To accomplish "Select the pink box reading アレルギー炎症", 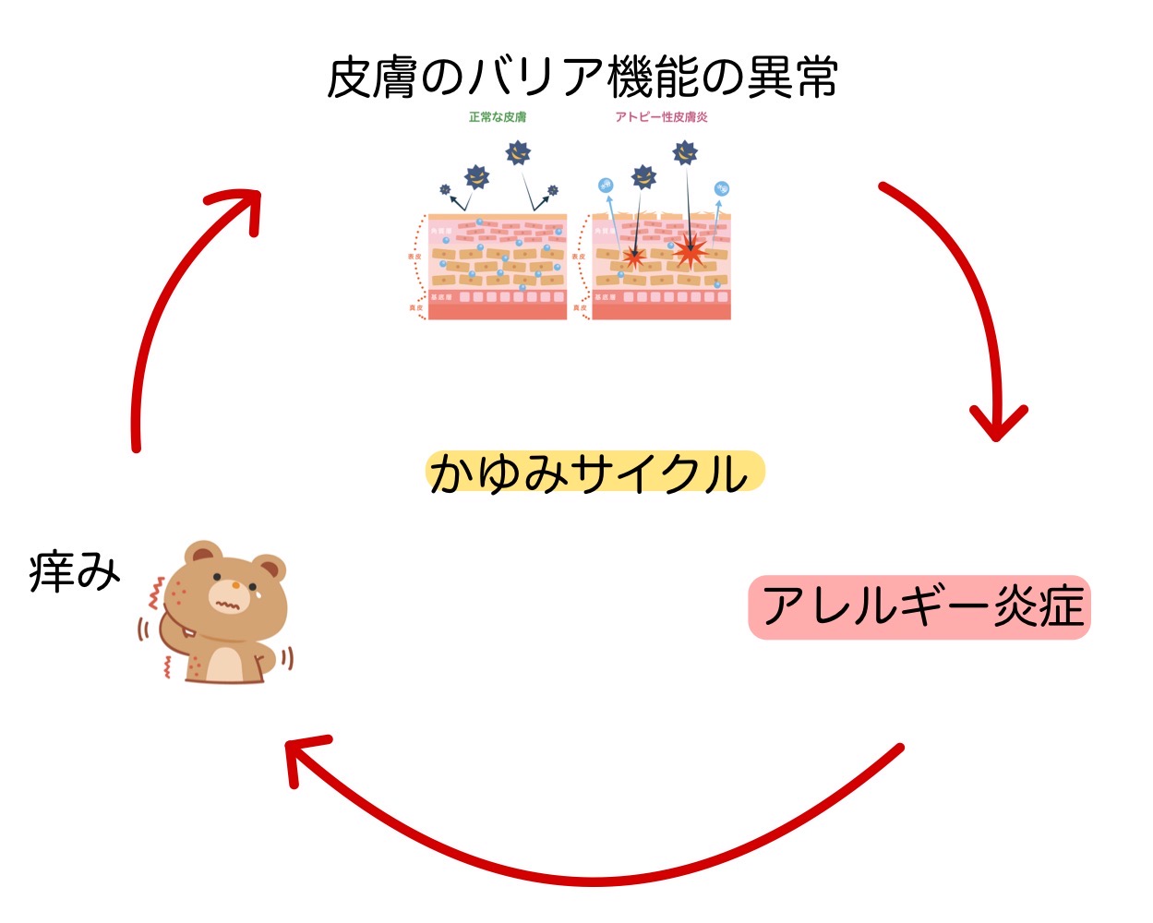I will [x=919, y=607].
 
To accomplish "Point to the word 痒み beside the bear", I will [x=75, y=571].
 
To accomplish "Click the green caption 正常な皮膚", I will [x=497, y=117].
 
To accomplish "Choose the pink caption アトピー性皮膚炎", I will [x=661, y=117].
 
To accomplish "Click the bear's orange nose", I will [x=236, y=585].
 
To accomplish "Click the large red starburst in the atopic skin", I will [x=689, y=250].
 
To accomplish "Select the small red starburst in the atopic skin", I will [x=633, y=257].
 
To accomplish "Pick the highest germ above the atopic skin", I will [x=685, y=152].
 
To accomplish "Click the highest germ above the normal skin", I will [x=519, y=152].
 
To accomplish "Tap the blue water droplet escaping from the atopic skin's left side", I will [x=606, y=186].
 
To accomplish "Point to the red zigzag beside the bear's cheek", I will [x=156, y=594].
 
